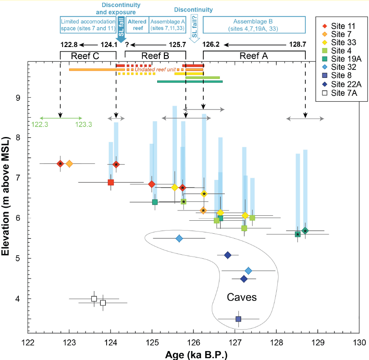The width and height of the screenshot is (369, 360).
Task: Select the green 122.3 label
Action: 40,125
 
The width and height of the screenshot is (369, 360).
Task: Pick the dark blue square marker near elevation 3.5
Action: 238,319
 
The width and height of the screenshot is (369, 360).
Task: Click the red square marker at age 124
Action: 111,182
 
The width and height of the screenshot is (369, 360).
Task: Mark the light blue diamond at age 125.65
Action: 179,238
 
